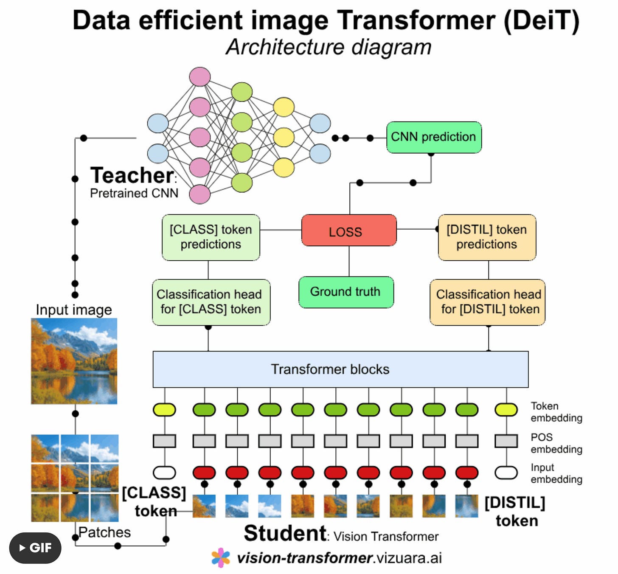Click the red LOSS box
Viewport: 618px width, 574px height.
(x=348, y=231)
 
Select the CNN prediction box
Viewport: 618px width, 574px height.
(x=434, y=137)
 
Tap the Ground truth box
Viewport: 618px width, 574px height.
(x=346, y=292)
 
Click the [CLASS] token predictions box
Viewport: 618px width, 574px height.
(x=211, y=237)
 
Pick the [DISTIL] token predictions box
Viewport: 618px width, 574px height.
(x=487, y=237)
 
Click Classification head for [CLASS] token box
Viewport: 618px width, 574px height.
(x=211, y=302)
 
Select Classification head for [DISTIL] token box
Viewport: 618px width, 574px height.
(x=488, y=302)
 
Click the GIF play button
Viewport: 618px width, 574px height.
(x=35, y=548)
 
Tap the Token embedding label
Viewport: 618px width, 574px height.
(x=556, y=412)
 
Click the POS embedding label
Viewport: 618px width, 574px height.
(x=556, y=443)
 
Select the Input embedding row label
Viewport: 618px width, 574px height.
(x=556, y=473)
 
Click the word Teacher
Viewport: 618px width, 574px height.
(x=132, y=175)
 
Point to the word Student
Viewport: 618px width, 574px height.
(x=285, y=533)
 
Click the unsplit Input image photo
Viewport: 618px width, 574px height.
(x=74, y=361)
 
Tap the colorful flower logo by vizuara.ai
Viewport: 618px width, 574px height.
(x=221, y=558)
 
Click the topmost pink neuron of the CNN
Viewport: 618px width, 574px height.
(x=199, y=76)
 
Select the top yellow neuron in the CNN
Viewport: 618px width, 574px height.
(x=284, y=107)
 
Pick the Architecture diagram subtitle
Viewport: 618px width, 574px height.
(x=329, y=47)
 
